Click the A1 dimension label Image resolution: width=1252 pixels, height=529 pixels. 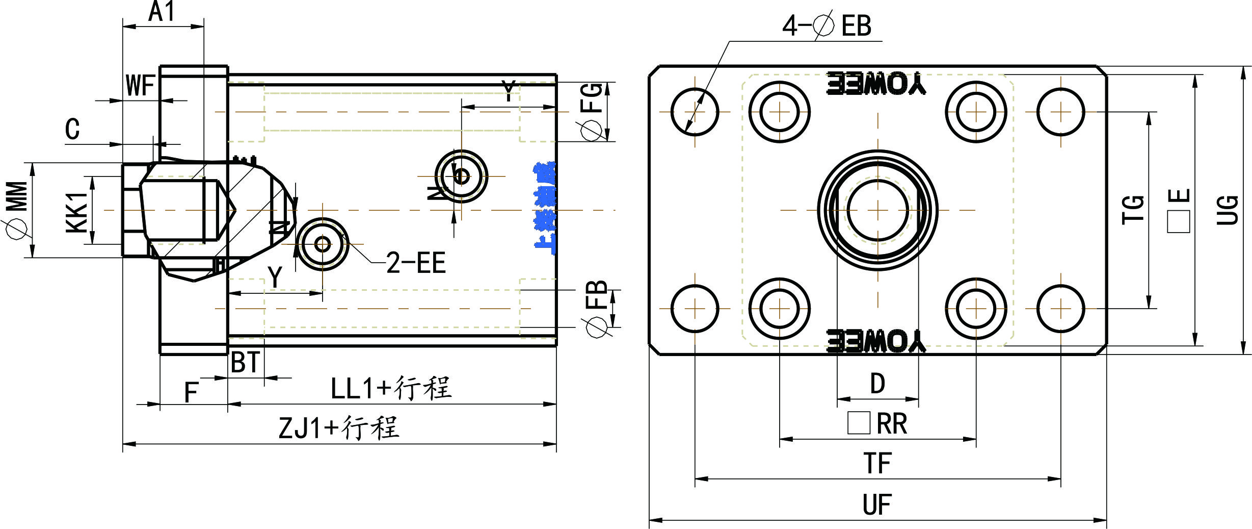click(162, 11)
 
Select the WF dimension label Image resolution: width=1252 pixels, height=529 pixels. click(140, 86)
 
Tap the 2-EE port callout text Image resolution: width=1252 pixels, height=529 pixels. click(416, 263)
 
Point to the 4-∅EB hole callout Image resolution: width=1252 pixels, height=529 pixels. click(827, 26)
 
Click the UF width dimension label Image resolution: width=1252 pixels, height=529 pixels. click(876, 505)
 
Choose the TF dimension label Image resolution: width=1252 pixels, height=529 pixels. click(877, 463)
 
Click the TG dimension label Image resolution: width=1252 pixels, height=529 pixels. click(1133, 210)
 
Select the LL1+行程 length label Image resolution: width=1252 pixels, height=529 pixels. click(391, 388)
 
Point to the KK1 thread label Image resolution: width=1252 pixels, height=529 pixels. click(77, 212)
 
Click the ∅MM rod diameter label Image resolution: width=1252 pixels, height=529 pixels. click(17, 209)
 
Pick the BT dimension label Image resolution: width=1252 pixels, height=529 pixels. click(245, 363)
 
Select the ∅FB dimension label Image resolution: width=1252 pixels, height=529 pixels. click(596, 309)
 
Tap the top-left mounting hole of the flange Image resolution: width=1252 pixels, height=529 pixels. click(695, 112)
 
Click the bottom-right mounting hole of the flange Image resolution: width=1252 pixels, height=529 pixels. click(1060, 309)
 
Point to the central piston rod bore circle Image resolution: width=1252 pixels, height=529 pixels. click(877, 210)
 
